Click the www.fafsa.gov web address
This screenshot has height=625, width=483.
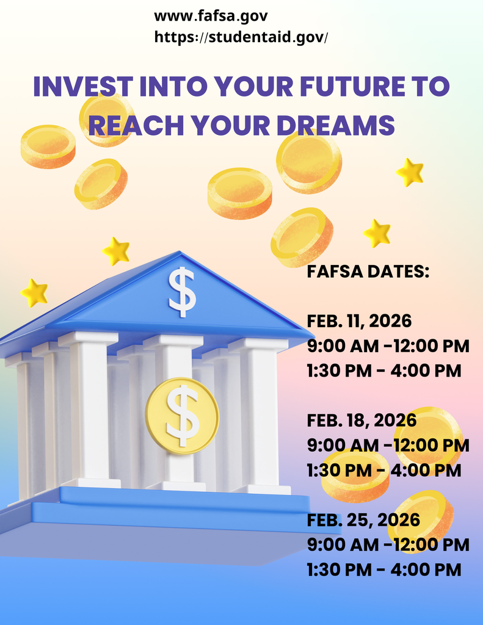click(x=211, y=16)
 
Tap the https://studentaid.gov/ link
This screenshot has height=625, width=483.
click(x=241, y=37)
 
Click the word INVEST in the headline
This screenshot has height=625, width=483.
click(x=82, y=87)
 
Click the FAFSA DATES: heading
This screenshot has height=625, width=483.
click(x=368, y=272)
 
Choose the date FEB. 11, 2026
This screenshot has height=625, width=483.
click(x=359, y=320)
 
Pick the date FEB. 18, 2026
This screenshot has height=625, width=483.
click(x=361, y=420)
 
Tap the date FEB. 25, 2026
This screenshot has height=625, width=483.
click(x=363, y=519)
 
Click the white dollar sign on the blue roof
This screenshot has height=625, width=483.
click(x=182, y=291)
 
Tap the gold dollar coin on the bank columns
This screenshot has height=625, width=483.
click(x=182, y=415)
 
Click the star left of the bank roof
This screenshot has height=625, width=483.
click(x=34, y=293)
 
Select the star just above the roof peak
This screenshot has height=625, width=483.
click(x=116, y=251)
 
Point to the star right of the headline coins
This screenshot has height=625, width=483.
click(x=410, y=172)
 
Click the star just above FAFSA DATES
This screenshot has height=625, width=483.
click(x=377, y=233)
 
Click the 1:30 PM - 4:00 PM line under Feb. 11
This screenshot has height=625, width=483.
click(x=383, y=370)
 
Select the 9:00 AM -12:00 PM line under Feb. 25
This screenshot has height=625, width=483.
click(x=388, y=544)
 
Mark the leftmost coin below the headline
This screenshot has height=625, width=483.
click(x=48, y=146)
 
